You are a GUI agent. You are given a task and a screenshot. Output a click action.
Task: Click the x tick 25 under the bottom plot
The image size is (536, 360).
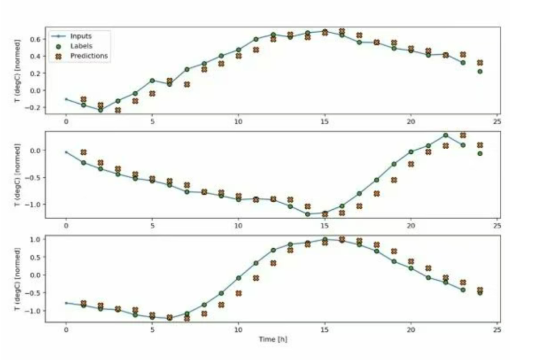point(497,330)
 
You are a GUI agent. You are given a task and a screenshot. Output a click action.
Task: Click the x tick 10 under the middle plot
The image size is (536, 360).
point(238,226)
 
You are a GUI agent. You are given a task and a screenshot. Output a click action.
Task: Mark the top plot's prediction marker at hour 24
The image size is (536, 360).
point(480,63)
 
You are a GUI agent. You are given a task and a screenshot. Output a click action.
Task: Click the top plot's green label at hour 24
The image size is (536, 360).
point(480,71)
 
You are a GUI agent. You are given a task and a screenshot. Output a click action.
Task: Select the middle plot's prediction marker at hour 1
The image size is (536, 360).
point(83,152)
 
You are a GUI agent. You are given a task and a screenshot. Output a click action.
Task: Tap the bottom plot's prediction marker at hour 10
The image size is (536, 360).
point(239,294)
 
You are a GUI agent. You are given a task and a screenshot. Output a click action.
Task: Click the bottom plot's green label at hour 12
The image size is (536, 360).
point(273,250)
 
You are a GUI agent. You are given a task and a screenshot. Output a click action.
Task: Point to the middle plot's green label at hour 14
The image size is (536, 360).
point(308,214)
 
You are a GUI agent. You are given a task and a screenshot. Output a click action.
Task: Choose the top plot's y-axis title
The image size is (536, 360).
point(18,70)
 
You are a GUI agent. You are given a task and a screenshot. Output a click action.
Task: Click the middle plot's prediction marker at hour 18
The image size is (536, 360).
point(377,194)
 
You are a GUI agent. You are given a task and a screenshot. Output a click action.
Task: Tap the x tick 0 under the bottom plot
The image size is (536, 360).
point(66,330)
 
